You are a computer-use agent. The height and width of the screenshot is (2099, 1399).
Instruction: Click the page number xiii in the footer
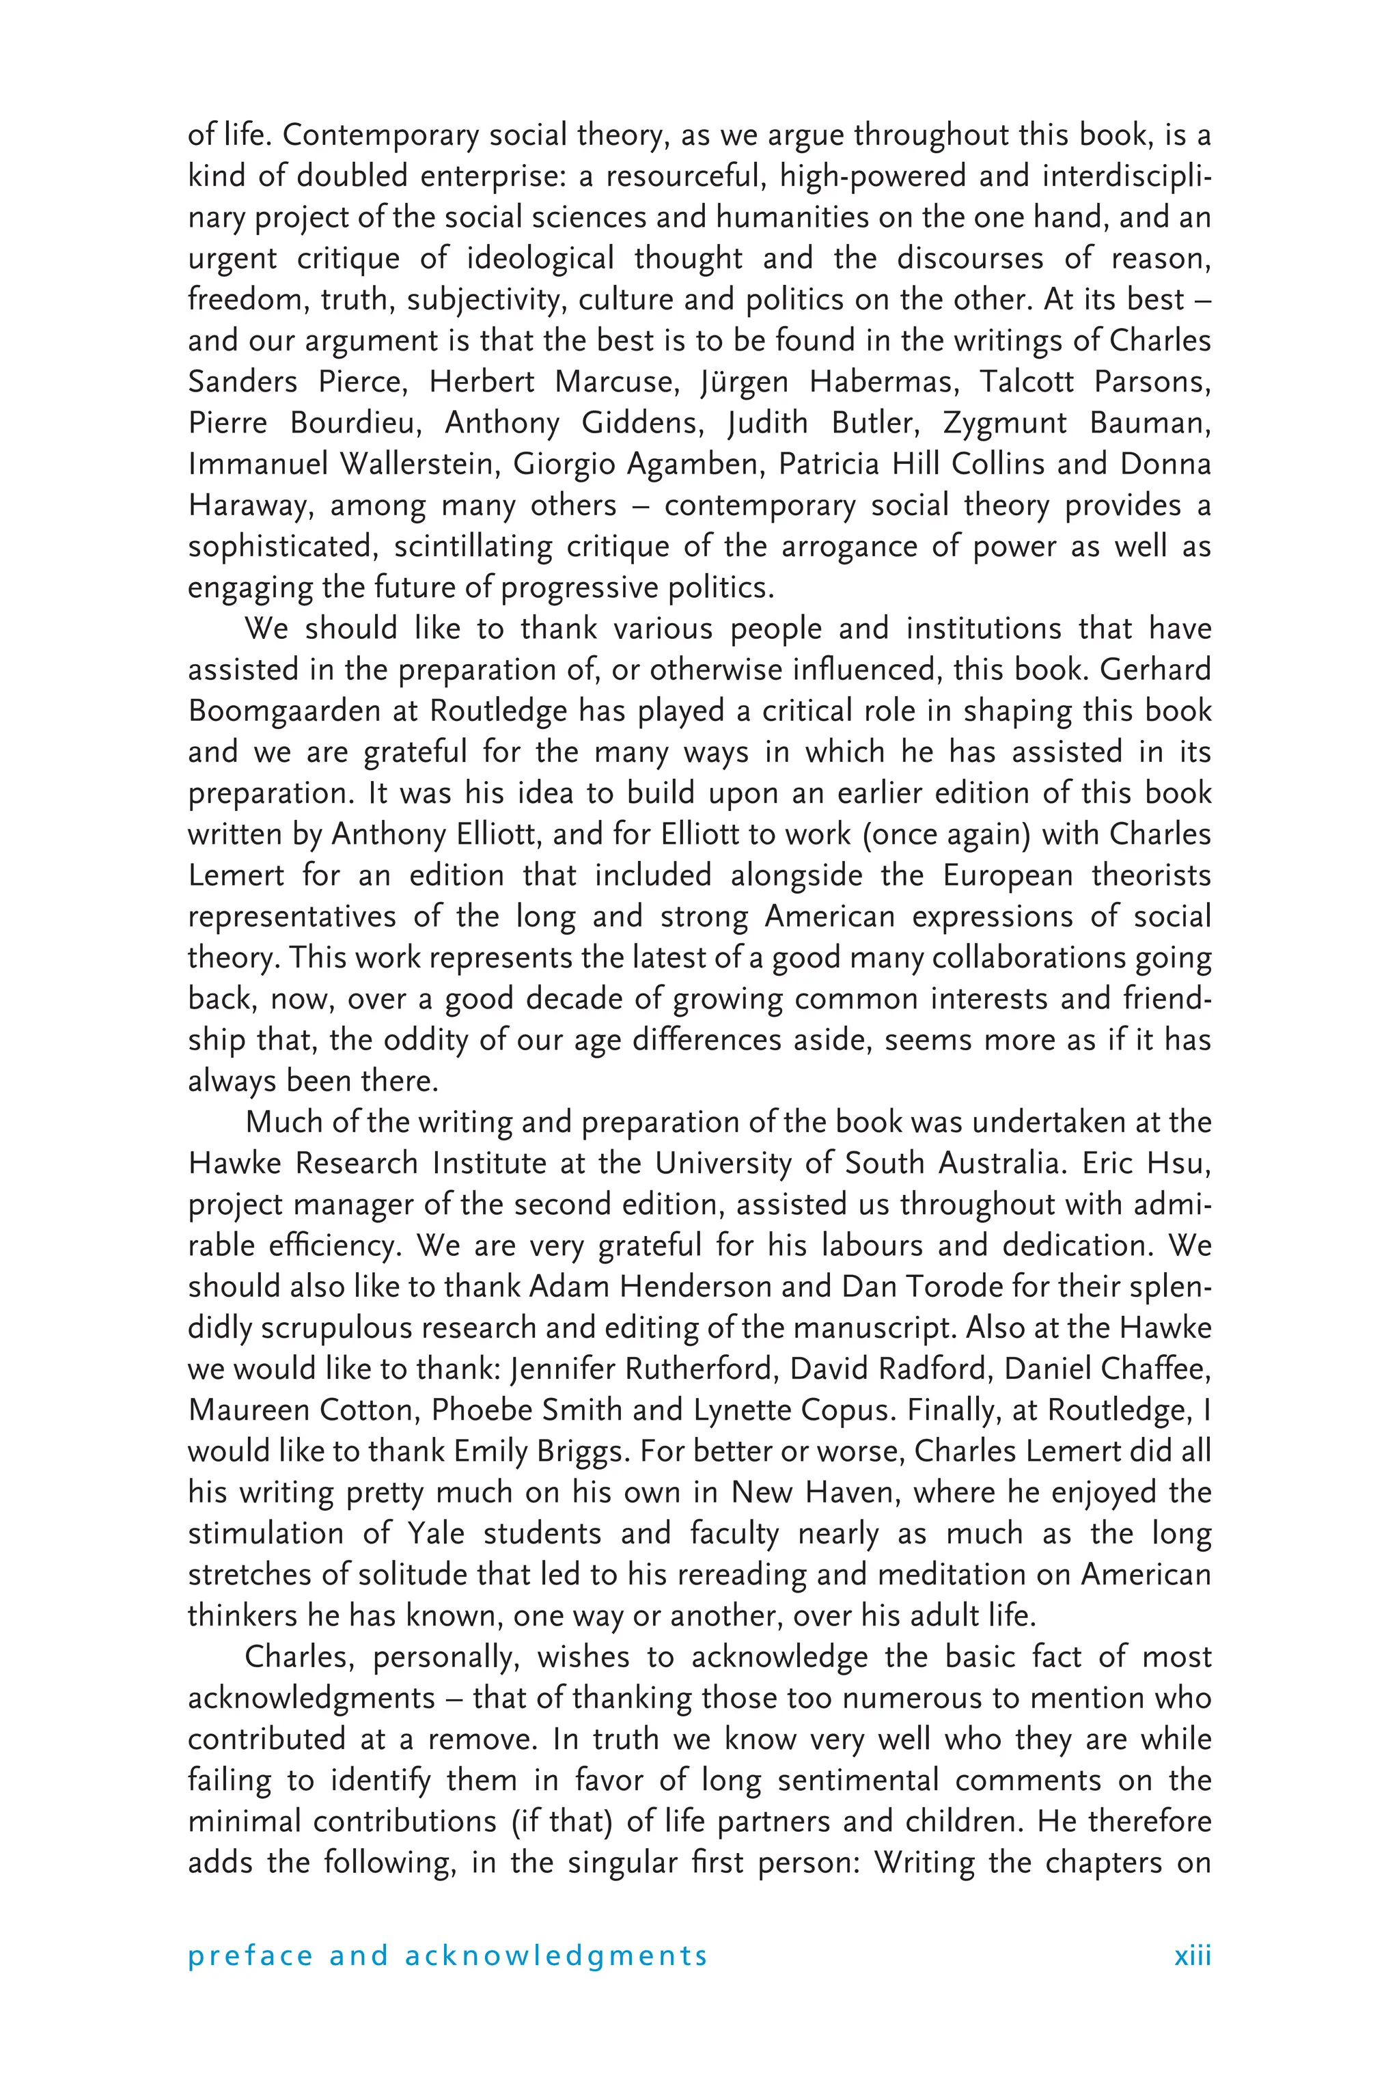pos(1192,1956)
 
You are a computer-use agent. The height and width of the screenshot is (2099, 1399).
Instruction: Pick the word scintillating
pos(473,546)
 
